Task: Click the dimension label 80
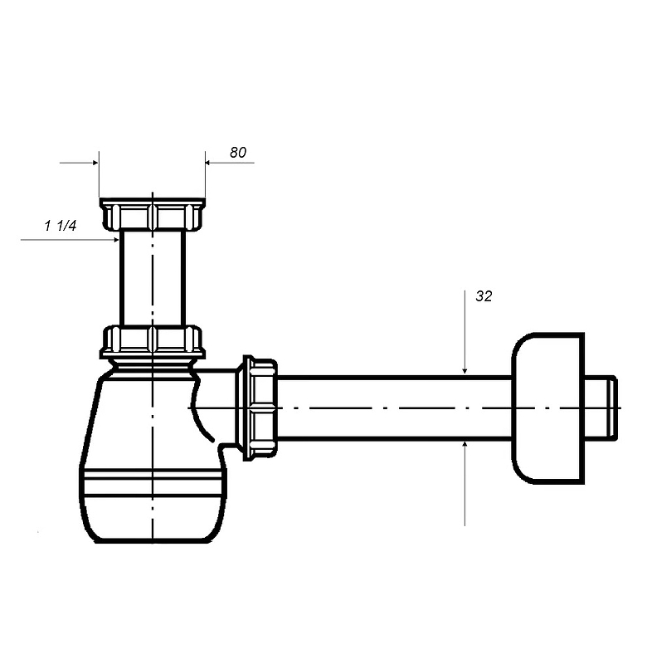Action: [x=238, y=153]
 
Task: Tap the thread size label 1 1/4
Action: [x=60, y=226]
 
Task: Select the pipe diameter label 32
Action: [x=484, y=296]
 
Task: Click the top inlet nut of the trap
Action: [x=153, y=214]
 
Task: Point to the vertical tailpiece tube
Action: [x=153, y=278]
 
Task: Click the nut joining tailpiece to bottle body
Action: [x=153, y=342]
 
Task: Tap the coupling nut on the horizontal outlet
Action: [x=260, y=408]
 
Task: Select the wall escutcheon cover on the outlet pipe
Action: [x=548, y=408]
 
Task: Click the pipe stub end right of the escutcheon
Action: [x=601, y=408]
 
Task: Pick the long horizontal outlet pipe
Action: [x=394, y=408]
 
